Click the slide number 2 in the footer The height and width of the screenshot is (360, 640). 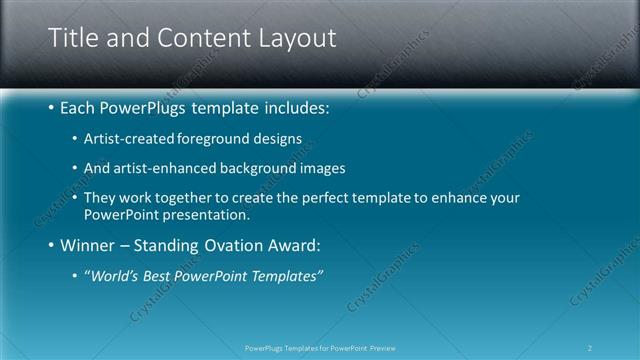pyautogui.click(x=590, y=347)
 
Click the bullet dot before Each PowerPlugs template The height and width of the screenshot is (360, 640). pyautogui.click(x=51, y=107)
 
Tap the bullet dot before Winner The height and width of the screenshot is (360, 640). pyautogui.click(x=51, y=246)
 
